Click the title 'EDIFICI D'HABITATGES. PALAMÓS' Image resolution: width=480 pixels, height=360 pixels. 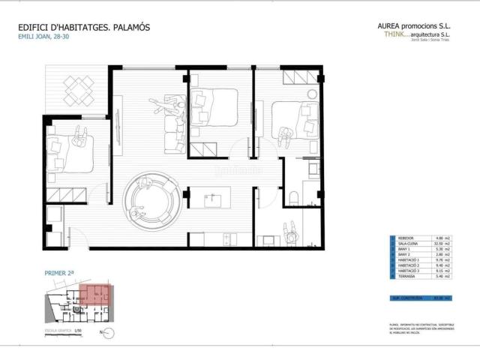click(x=84, y=27)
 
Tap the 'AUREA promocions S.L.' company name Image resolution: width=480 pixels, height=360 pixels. click(x=414, y=25)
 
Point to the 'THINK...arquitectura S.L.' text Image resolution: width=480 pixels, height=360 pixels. click(x=417, y=34)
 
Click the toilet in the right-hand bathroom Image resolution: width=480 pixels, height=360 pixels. click(x=295, y=196)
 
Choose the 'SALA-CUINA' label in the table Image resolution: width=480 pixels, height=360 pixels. click(x=408, y=244)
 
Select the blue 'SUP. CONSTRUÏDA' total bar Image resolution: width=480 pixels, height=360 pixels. click(x=421, y=298)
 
